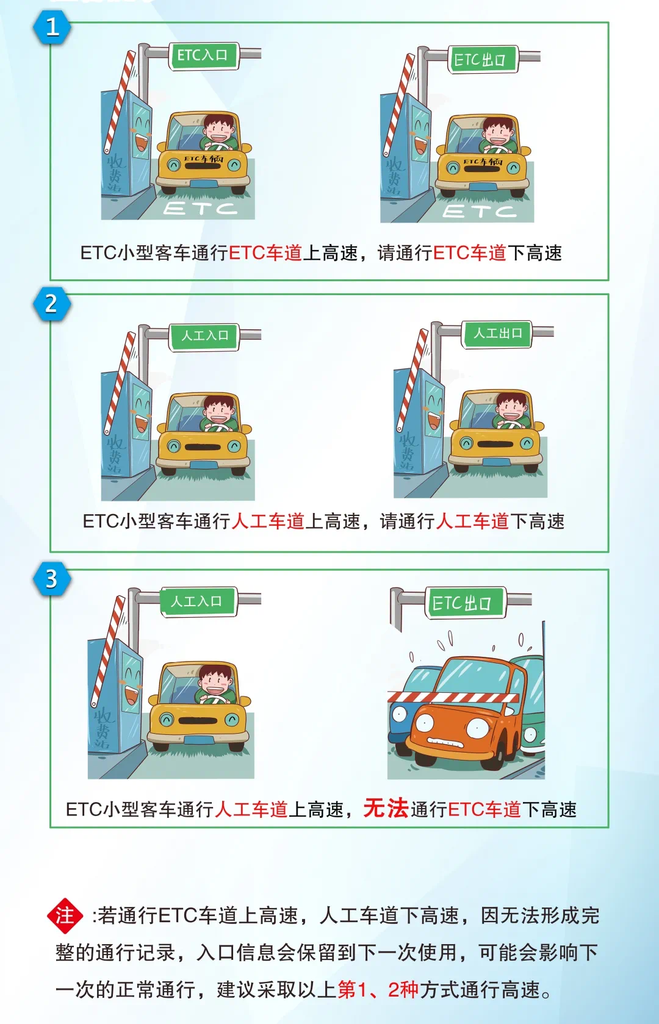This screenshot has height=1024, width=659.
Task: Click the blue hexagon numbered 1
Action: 52,27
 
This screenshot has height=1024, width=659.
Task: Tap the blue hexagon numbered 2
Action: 52,304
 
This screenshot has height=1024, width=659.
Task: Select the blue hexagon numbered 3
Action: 52,579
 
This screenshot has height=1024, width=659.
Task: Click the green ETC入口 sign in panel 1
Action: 204,55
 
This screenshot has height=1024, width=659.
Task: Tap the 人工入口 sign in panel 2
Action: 204,336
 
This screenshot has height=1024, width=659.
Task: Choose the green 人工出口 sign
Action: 497,334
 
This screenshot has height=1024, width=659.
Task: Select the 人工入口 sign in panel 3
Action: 198,601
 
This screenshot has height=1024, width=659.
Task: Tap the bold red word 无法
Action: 386,808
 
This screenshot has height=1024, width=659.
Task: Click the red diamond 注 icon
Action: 65,915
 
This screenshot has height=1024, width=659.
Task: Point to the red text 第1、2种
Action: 378,990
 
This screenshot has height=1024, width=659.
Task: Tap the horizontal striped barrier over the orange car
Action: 453,697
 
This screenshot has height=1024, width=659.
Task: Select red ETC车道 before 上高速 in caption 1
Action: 265,253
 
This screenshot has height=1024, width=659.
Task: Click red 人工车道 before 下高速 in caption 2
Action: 472,521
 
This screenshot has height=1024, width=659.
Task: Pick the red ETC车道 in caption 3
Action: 484,809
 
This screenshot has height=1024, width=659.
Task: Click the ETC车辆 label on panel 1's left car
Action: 204,159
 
